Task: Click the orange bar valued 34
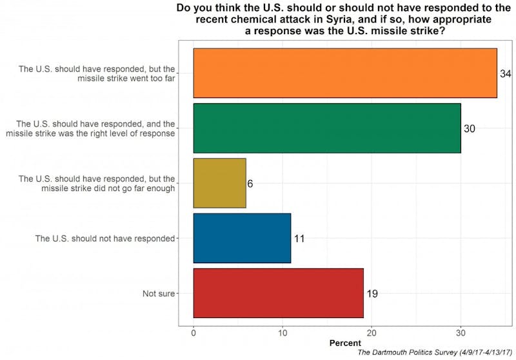[345, 73]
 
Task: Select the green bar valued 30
[327, 128]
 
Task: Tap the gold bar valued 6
[219, 183]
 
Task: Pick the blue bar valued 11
[242, 238]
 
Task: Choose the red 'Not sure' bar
[278, 293]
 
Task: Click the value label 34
[505, 74]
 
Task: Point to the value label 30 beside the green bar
[470, 129]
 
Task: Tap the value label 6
[250, 184]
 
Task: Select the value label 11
[299, 239]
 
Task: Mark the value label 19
[372, 294]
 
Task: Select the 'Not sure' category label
[158, 294]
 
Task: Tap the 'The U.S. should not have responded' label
[105, 239]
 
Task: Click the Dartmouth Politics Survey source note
[435, 354]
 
